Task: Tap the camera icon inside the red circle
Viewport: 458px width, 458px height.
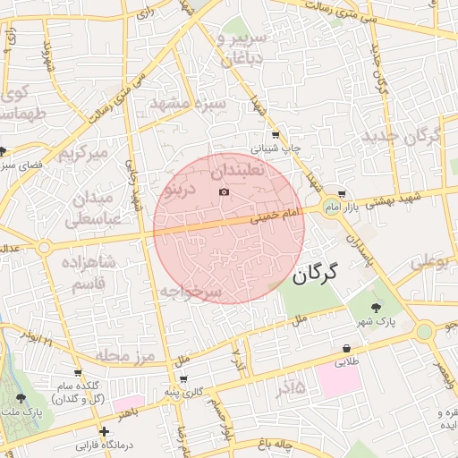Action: coord(224,192)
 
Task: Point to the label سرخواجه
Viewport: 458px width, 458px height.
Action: coord(190,293)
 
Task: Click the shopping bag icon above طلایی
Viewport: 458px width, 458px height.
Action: coord(345,349)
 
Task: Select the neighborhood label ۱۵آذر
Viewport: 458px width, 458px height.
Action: coord(285,387)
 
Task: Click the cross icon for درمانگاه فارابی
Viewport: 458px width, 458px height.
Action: coord(105,431)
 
